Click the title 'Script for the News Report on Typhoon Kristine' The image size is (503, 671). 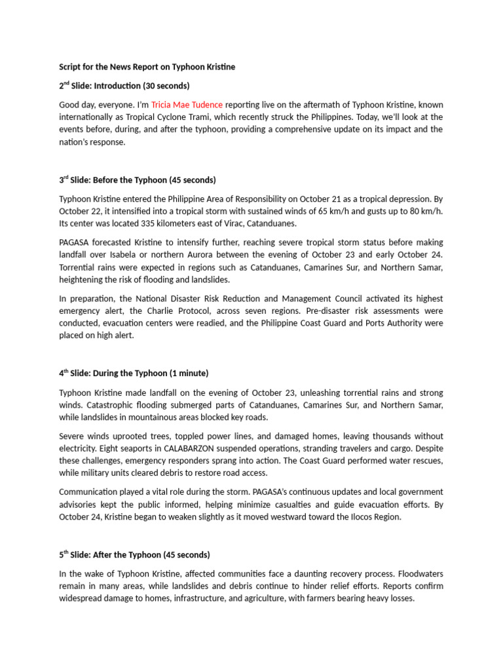click(147, 67)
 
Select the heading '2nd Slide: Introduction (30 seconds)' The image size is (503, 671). click(124, 86)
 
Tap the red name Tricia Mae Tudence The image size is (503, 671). click(187, 104)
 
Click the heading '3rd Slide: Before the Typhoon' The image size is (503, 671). click(137, 180)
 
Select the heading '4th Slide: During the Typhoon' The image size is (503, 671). click(134, 373)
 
